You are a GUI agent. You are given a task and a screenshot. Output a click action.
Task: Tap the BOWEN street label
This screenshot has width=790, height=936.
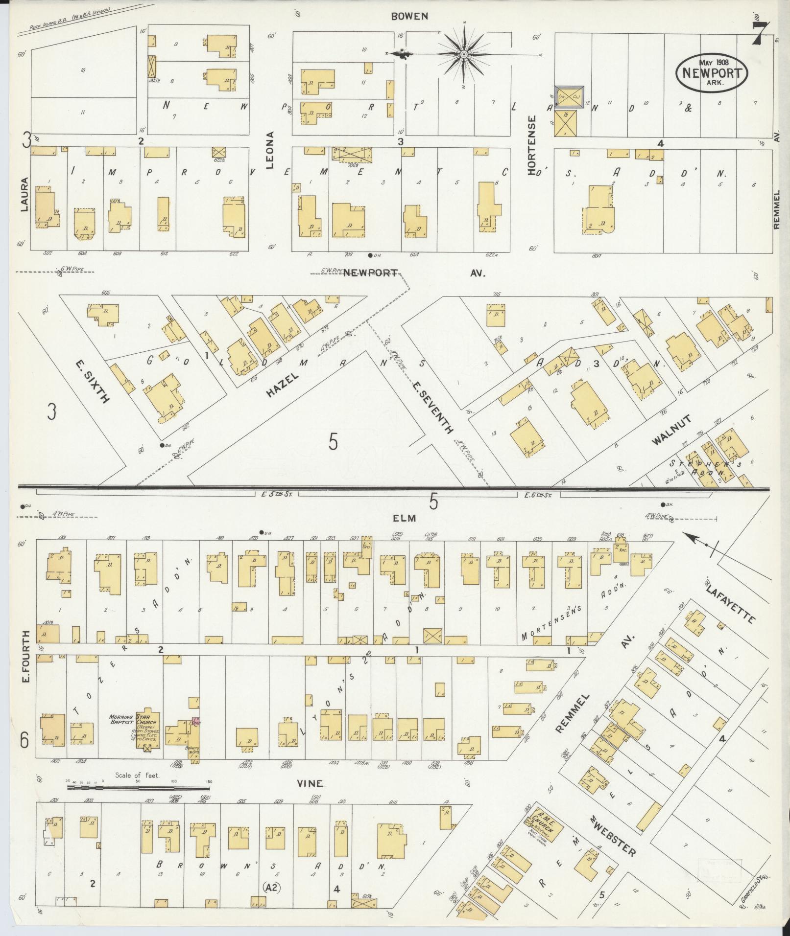[x=409, y=16]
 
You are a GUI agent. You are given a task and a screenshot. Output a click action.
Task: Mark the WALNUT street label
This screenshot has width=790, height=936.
[x=671, y=430]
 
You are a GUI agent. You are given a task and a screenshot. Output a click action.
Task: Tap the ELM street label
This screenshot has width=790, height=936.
[x=404, y=518]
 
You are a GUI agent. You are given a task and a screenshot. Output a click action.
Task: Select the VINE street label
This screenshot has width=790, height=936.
[x=311, y=783]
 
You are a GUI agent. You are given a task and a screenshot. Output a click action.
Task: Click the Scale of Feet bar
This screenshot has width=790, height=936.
[x=138, y=788]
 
